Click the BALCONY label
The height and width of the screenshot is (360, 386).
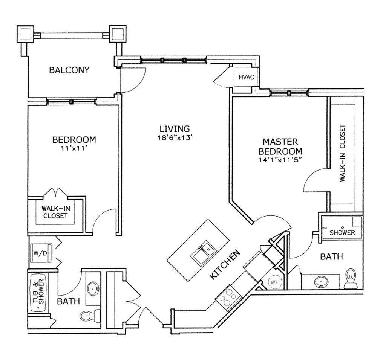click(x=69, y=70)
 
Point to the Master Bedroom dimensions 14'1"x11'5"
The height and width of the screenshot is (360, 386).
click(x=280, y=160)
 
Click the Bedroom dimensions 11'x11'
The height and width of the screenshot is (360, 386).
click(x=74, y=148)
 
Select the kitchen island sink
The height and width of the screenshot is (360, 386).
click(x=203, y=253)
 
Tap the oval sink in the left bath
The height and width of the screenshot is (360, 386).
click(x=93, y=288)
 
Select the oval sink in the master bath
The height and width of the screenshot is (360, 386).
click(x=321, y=281)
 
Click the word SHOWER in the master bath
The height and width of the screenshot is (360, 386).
click(x=342, y=233)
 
